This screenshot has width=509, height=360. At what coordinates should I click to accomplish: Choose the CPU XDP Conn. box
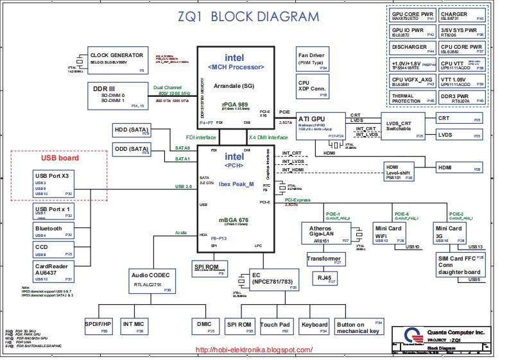click(313, 88)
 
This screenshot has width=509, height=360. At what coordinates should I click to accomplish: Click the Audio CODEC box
click(151, 280)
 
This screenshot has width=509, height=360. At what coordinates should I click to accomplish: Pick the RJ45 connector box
click(324, 278)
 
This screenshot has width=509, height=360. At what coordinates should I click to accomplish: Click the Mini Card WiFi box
click(388, 233)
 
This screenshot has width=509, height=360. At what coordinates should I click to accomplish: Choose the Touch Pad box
click(275, 327)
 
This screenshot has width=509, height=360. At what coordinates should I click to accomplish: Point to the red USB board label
click(60, 158)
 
